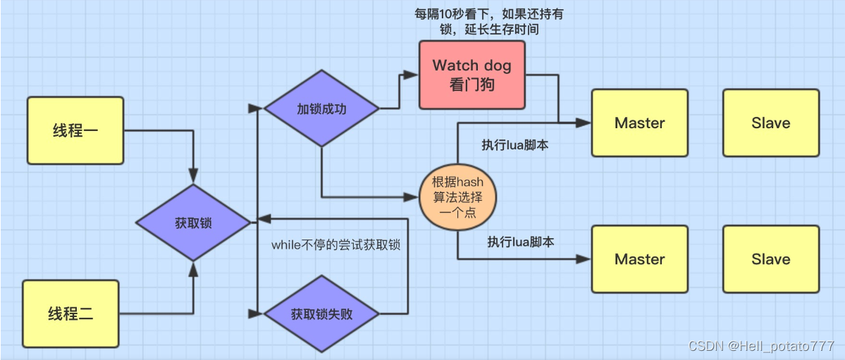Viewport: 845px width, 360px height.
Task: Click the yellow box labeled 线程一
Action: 75,130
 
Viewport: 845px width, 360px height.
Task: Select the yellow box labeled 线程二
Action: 70,314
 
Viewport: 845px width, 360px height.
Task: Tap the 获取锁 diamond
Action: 193,223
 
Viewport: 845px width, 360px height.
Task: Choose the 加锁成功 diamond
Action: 321,108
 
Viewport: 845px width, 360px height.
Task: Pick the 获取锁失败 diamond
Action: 321,314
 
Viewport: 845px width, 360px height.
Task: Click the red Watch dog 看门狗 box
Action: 471,75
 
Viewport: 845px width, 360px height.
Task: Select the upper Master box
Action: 639,123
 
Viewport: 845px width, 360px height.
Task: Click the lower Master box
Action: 639,259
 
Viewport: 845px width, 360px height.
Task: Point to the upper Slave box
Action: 770,123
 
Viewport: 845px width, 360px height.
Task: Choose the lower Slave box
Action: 770,259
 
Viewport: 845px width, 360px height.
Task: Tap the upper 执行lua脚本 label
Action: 515,144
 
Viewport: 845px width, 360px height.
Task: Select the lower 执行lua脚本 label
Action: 521,242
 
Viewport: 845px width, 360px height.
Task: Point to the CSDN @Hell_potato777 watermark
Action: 761,346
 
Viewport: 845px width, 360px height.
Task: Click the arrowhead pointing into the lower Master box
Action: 584,259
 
